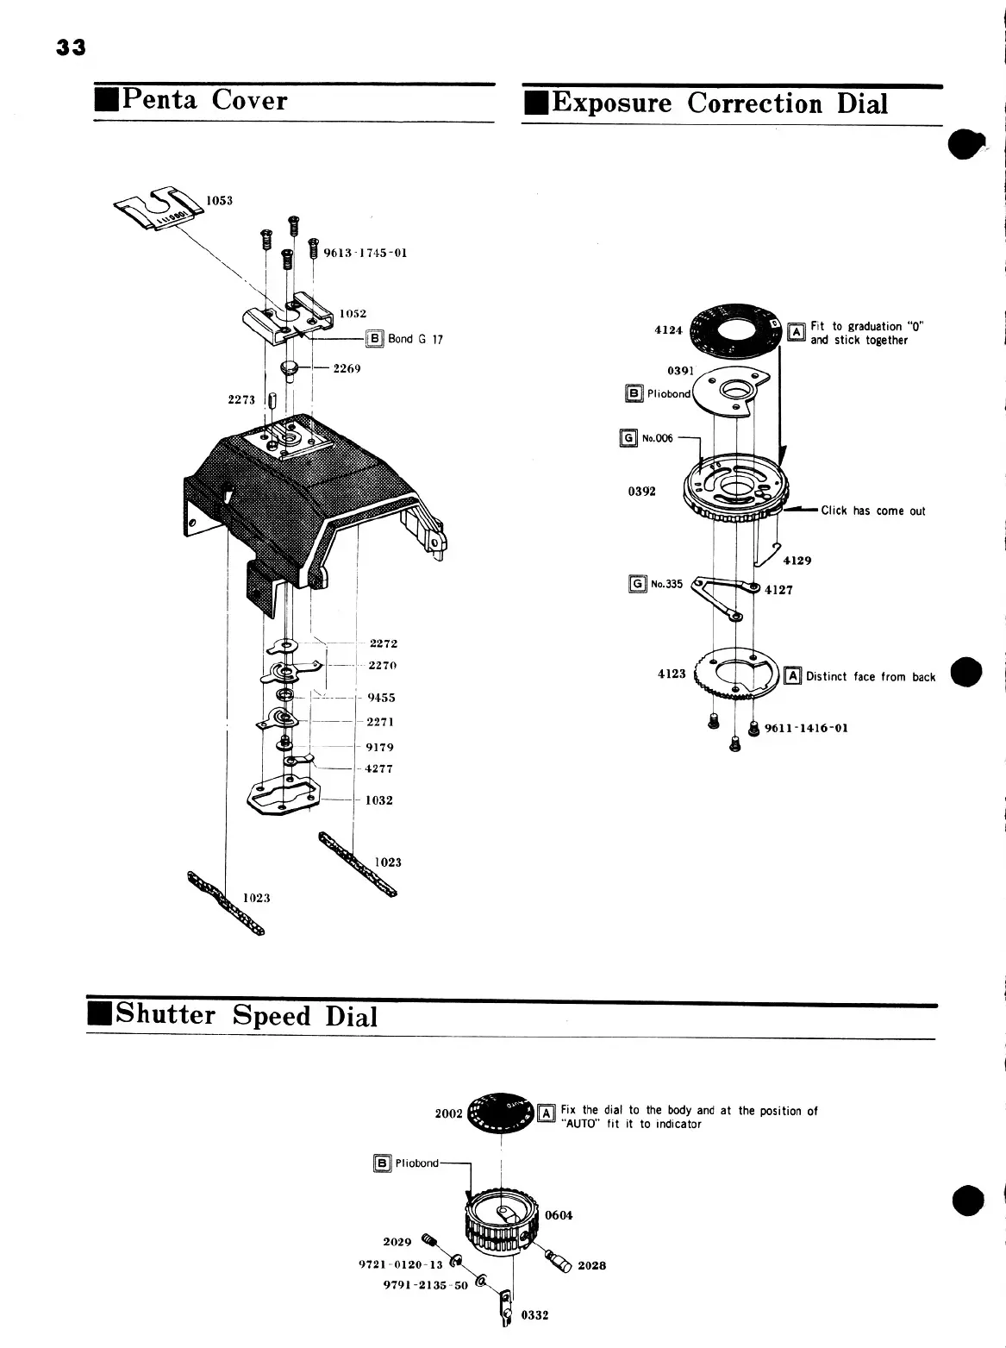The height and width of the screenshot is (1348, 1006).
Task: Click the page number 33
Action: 72,47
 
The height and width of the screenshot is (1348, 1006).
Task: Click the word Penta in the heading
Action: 159,99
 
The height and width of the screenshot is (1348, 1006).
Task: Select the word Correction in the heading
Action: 754,103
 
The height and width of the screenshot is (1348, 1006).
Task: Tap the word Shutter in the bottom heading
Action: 166,1013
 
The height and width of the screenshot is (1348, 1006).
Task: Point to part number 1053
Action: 219,201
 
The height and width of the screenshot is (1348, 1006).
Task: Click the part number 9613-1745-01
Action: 366,253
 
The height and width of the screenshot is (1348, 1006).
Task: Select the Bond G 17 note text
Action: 415,339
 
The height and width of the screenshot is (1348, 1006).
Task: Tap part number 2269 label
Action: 347,368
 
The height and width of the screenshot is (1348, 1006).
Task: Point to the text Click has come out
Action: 872,511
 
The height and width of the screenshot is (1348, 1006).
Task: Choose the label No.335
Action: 666,584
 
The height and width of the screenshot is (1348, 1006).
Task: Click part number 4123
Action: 672,674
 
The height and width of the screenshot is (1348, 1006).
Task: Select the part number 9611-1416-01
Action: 806,729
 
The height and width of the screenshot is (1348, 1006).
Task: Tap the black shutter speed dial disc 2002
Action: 500,1113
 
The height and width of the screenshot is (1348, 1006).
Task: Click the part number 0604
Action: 559,1215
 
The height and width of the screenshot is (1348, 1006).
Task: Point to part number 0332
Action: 534,1315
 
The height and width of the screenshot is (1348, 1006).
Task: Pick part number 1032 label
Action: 378,800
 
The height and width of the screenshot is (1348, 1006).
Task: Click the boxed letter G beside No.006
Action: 628,438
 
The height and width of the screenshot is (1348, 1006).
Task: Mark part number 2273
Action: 241,400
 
